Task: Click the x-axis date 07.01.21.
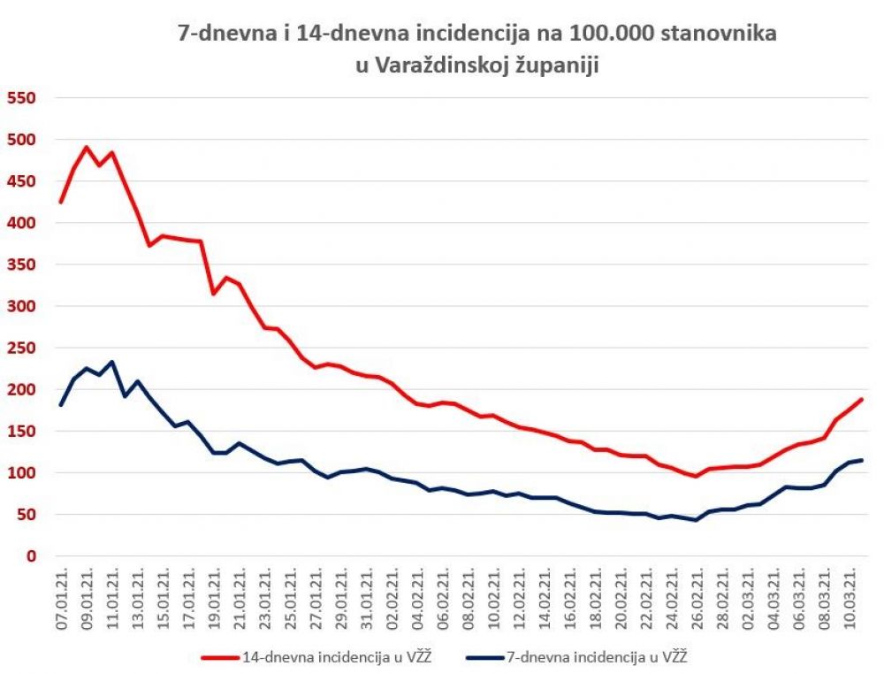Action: click(x=62, y=597)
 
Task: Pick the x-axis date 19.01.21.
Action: click(x=213, y=597)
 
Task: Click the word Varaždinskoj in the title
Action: click(x=442, y=66)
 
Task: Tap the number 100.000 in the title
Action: click(x=603, y=34)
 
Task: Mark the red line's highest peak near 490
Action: click(x=87, y=147)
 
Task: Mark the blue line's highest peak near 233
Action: click(x=111, y=362)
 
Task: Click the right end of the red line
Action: click(x=861, y=400)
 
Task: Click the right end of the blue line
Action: click(x=861, y=460)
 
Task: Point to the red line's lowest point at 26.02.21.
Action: click(x=696, y=476)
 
